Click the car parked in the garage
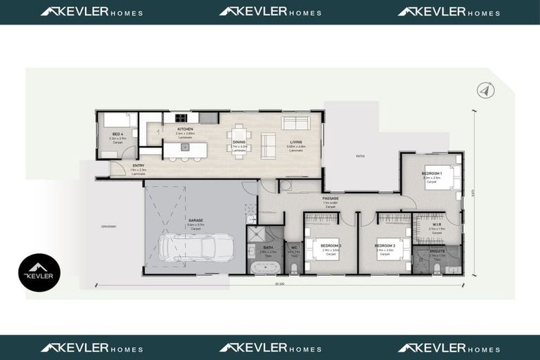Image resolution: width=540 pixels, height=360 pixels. point(196,247)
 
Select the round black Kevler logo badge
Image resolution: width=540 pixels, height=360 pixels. point(39,273)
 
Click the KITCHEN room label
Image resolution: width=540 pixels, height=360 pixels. point(185,129)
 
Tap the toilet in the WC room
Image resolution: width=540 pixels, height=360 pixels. point(294,269)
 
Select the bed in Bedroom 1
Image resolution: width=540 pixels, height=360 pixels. point(449,177)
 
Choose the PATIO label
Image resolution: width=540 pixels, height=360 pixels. point(360,156)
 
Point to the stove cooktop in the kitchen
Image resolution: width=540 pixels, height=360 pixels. point(181,117)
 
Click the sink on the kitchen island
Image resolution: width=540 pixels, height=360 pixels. point(185,147)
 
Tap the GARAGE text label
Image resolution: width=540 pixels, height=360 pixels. point(195,220)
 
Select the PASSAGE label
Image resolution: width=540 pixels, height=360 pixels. point(330,198)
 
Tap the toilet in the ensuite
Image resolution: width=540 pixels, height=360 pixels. point(437,268)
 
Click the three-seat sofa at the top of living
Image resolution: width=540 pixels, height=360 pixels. point(295,123)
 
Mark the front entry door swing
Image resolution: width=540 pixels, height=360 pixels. point(117,169)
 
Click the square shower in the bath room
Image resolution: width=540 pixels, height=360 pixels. point(257,235)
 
